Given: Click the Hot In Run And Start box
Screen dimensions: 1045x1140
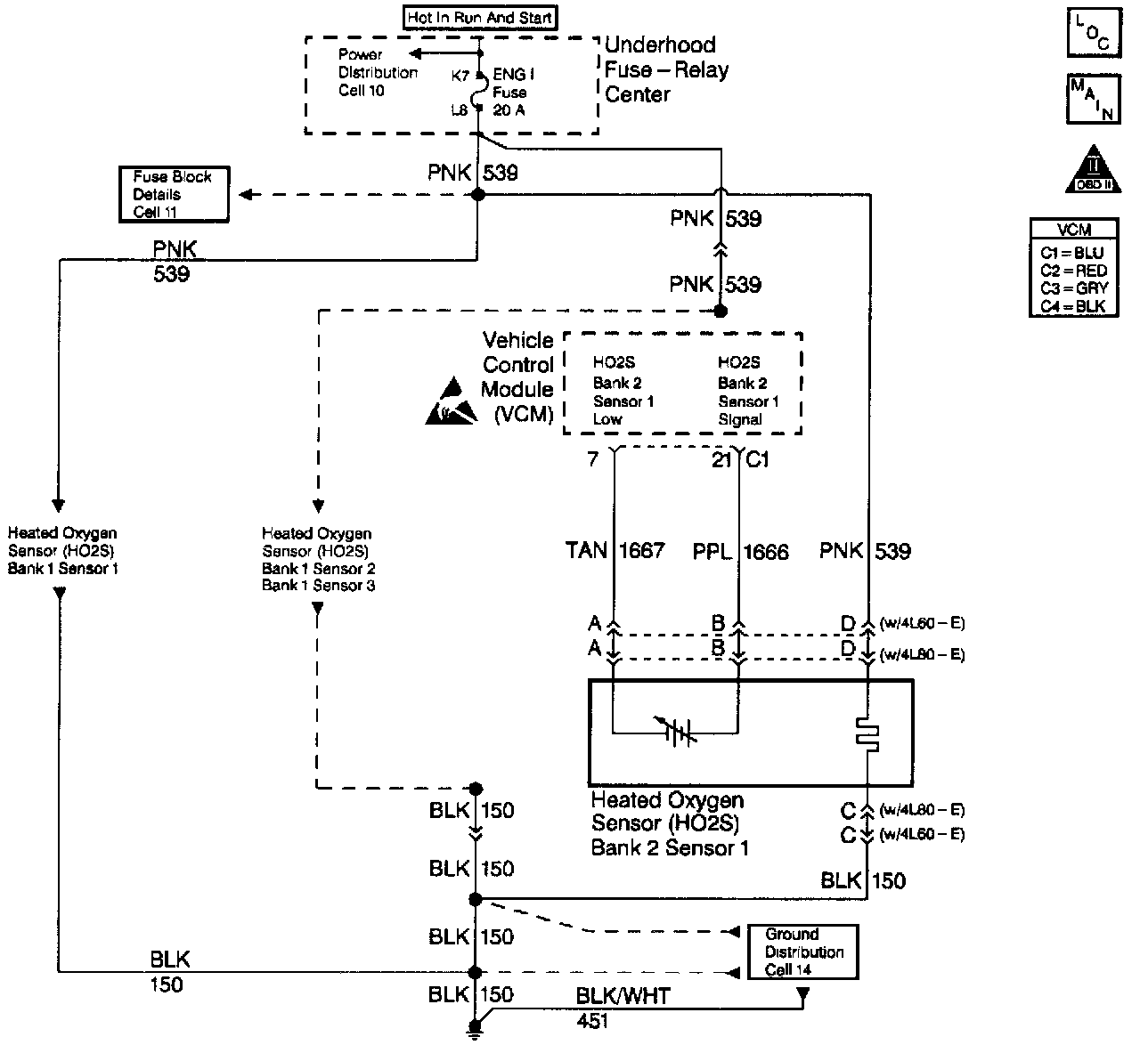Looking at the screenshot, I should point(480,17).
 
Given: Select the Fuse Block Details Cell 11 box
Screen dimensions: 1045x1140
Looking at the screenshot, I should point(173,194).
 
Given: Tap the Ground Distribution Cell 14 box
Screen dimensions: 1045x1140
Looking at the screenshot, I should point(803,952).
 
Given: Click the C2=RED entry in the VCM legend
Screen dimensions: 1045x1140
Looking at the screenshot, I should point(1073,271).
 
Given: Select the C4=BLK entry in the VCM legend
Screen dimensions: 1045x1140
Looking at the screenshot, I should point(1073,306).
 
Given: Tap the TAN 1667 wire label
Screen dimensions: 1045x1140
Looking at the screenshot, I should point(615,551).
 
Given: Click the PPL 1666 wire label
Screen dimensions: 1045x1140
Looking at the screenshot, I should point(740,552).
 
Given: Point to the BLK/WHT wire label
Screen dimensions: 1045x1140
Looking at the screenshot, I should point(623,996).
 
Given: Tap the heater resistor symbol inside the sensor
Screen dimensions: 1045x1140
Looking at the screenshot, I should point(867,732).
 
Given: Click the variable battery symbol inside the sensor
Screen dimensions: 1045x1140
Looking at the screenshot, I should point(680,732).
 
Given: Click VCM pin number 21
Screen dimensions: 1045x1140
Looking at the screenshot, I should point(721,459).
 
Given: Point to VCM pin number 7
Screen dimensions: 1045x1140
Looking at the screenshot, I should point(593,459).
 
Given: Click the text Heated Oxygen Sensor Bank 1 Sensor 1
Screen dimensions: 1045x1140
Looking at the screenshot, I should point(62,551).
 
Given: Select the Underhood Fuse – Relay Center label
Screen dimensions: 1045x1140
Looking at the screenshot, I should point(666,69).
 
